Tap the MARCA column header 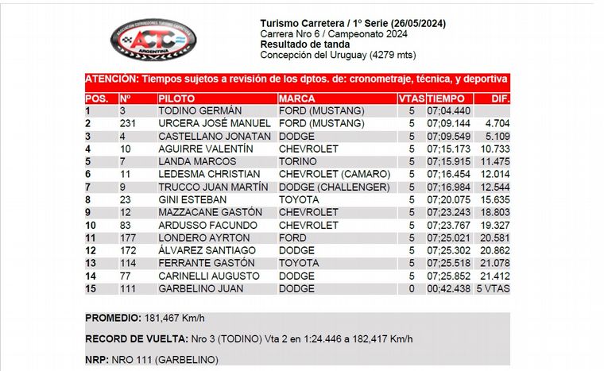click(x=297, y=99)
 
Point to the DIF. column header click(x=500, y=99)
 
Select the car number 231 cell click(x=129, y=124)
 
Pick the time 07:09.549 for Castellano click(x=448, y=137)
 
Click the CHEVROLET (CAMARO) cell click(x=334, y=174)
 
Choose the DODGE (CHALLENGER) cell click(x=337, y=187)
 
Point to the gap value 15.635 click(x=494, y=199)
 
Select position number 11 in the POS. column click(x=91, y=238)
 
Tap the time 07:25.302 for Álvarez click(x=448, y=250)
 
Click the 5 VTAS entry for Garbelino click(x=493, y=288)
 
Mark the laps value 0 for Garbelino click(x=412, y=288)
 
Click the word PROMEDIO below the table click(x=112, y=318)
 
